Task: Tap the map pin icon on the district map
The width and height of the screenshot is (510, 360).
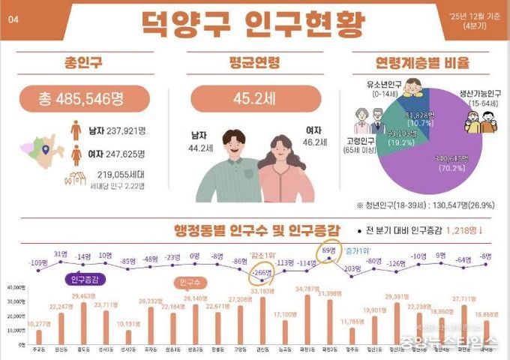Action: click(x=46, y=150)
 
